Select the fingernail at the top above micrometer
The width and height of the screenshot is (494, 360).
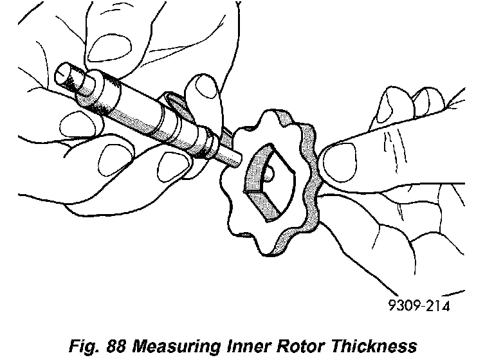(106, 48)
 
